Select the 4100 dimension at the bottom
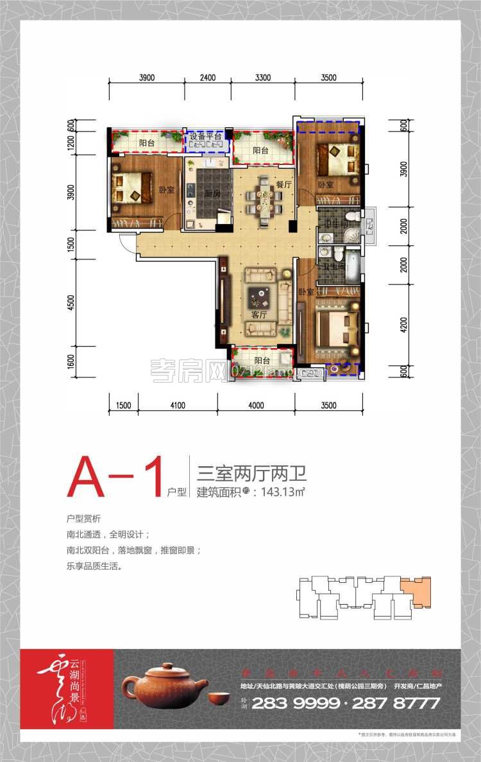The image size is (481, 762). coord(178,405)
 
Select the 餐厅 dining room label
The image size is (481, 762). coord(283,184)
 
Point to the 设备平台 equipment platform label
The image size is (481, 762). coord(205,136)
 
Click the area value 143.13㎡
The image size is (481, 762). coord(281,493)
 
